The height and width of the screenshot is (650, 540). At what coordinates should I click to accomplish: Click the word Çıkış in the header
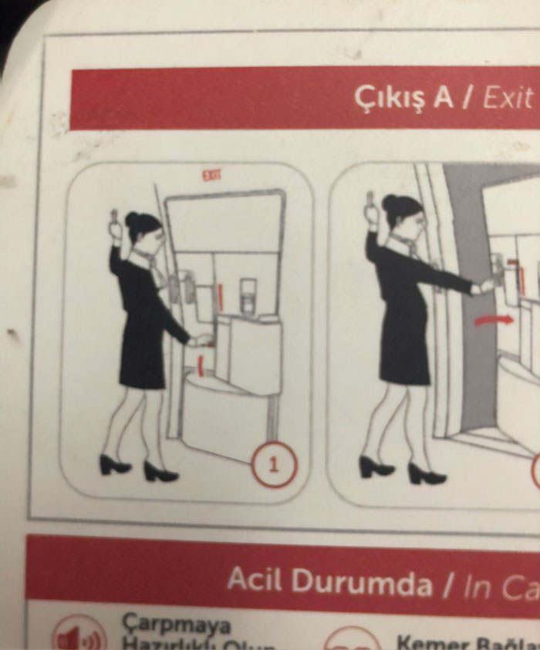(x=393, y=98)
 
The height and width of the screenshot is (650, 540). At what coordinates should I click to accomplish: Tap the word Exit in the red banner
(x=508, y=98)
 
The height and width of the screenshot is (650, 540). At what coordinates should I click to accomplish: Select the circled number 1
(x=274, y=465)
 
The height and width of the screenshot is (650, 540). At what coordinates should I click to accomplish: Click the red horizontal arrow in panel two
(x=494, y=319)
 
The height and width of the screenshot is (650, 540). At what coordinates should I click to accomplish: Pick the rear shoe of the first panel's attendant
(x=114, y=464)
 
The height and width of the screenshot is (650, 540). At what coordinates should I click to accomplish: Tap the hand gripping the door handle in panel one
(x=203, y=338)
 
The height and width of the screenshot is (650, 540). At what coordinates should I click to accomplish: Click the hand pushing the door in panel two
(x=485, y=288)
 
